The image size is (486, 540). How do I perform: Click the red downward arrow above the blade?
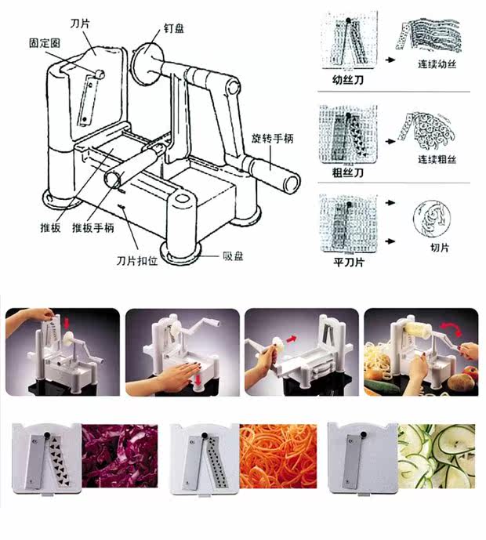(x=67, y=323)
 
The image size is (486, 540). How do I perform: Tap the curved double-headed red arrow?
(x=449, y=328)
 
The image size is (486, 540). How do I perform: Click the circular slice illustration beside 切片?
(x=430, y=216)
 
